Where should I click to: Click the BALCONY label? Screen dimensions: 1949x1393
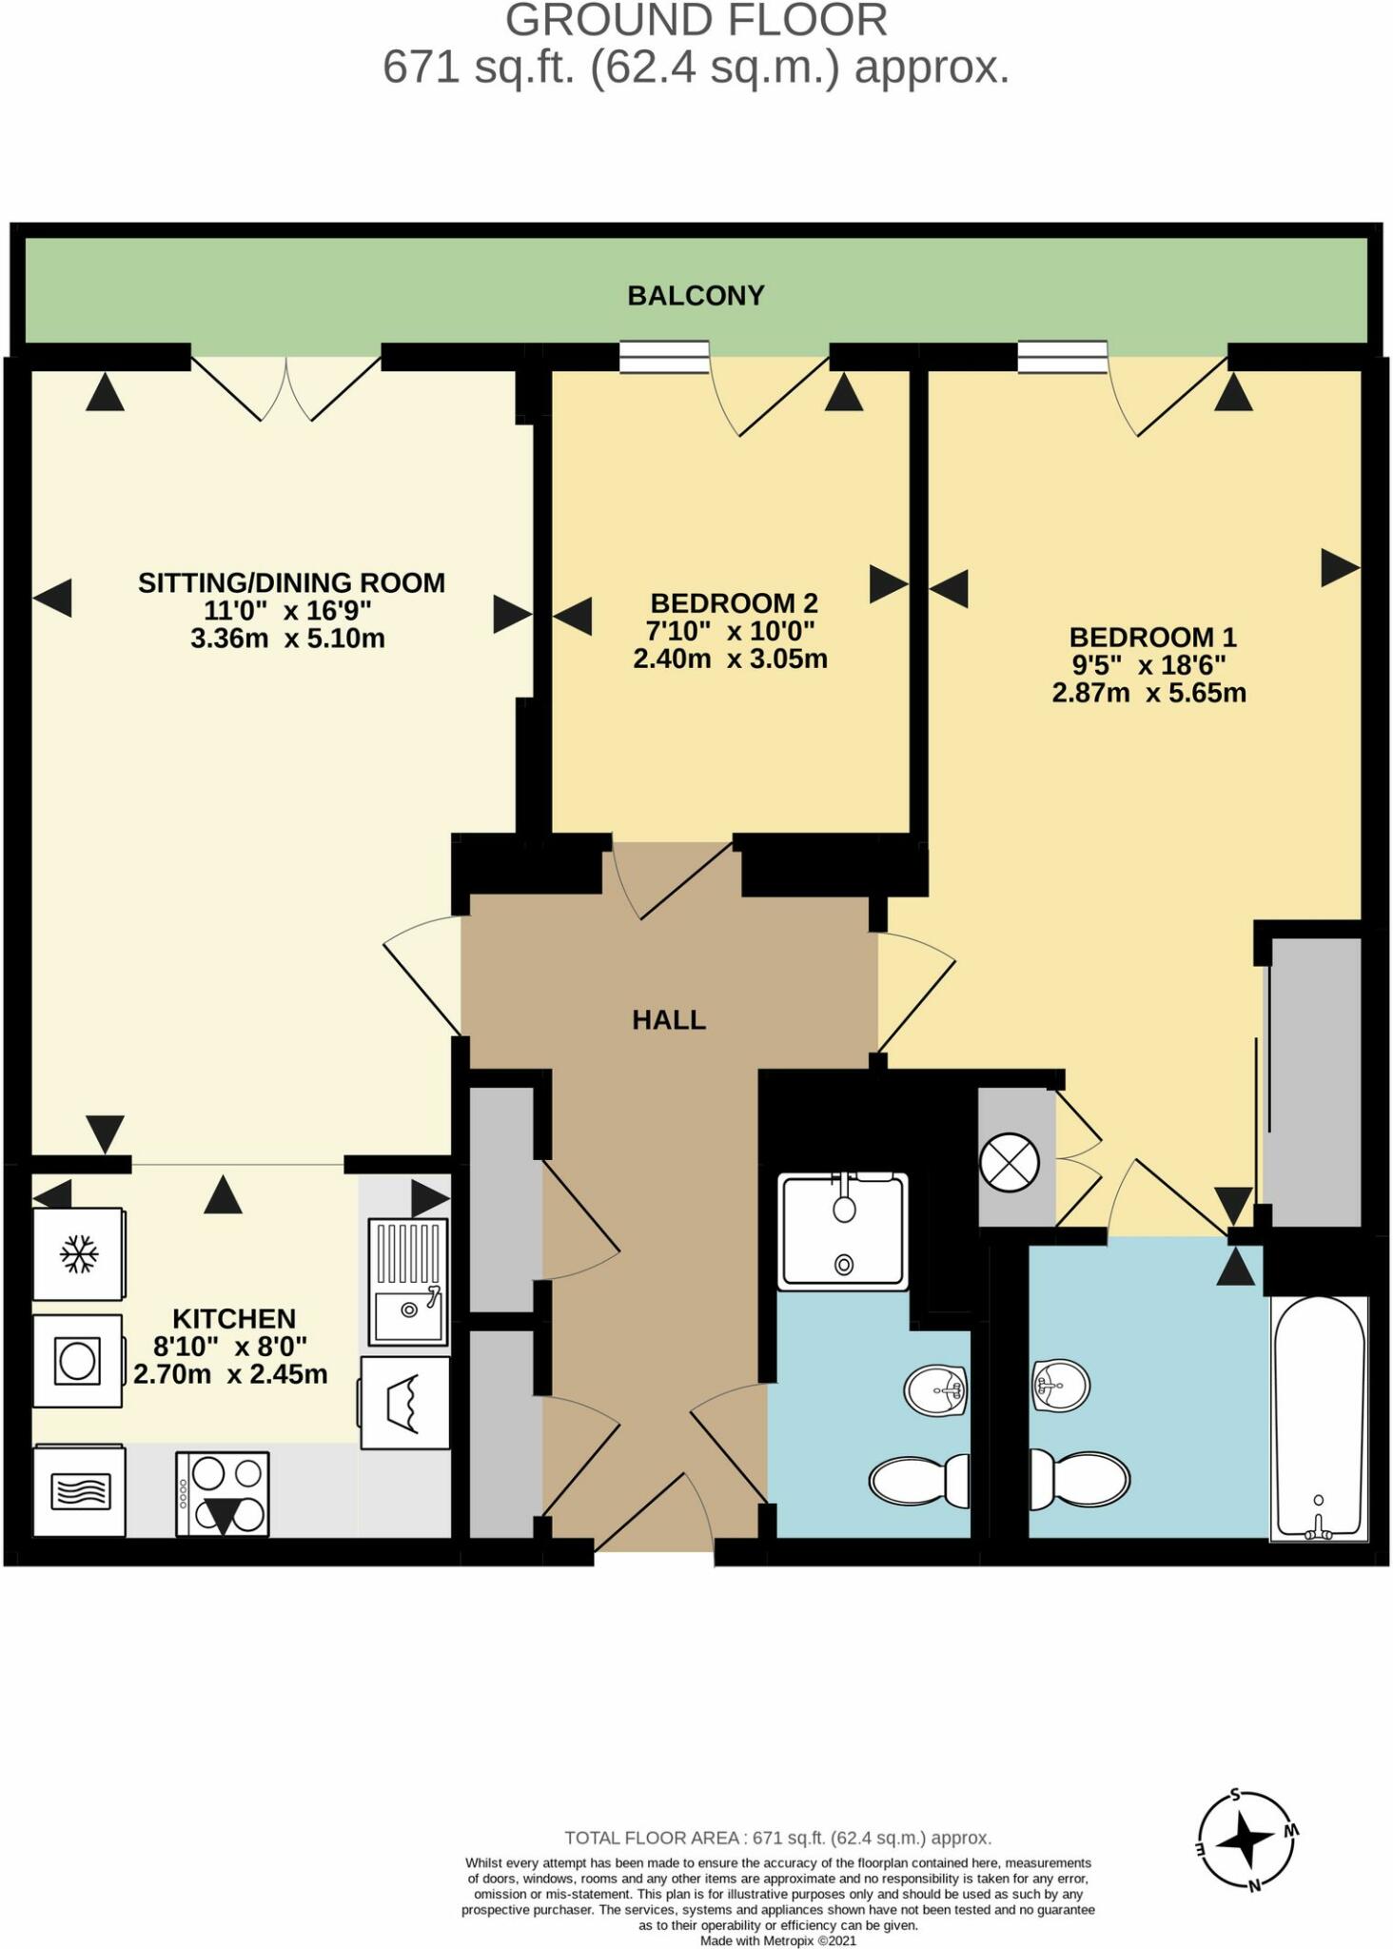pos(696,296)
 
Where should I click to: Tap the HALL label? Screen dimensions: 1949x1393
pos(669,1020)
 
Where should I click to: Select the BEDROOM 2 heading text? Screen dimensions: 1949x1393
pos(734,602)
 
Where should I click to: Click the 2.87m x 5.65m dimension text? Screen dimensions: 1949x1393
pos(1148,693)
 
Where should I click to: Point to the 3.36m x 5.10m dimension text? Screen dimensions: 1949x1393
pos(287,638)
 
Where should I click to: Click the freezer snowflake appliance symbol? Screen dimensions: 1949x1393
pos(79,1253)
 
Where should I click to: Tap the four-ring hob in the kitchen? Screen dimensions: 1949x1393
pos(223,1493)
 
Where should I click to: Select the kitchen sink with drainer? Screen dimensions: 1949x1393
pos(408,1282)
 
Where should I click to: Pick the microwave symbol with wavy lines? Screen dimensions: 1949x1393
pos(79,1490)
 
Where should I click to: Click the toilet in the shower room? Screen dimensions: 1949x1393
pos(918,1481)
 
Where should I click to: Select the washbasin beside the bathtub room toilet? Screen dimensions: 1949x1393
pos(1060,1385)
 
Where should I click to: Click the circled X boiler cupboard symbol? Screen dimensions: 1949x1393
pos(1009,1163)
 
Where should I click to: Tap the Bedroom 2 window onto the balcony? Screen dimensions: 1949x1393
pos(664,357)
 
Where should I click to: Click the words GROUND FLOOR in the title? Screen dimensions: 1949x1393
pos(696,21)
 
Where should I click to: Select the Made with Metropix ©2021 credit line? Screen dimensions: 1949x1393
pos(777,1940)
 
